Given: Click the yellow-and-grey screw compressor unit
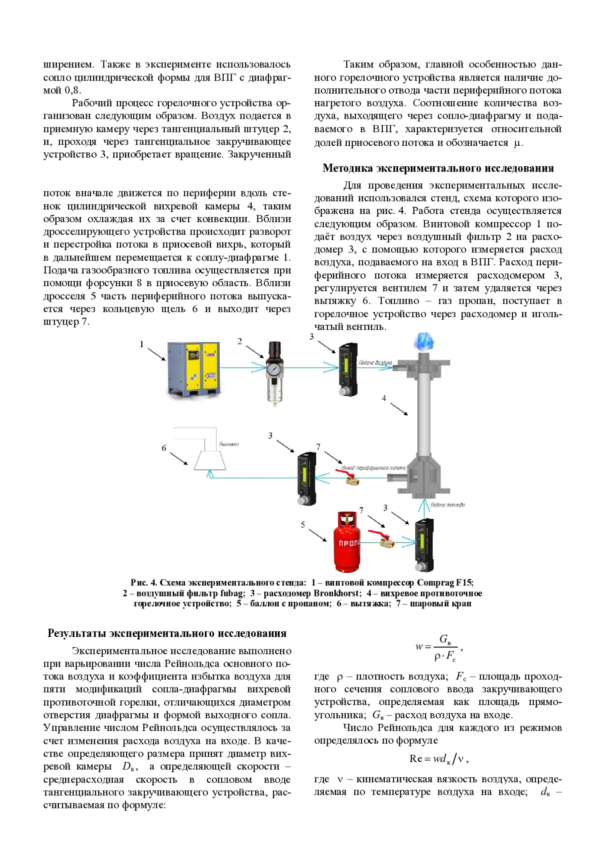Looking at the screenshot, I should pyautogui.click(x=195, y=369).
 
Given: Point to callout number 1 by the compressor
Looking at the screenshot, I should pyautogui.click(x=142, y=344).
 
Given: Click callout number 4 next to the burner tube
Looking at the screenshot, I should pyautogui.click(x=384, y=398).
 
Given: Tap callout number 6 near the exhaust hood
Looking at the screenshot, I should pyautogui.click(x=164, y=448).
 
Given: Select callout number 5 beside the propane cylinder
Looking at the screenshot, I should pyautogui.click(x=303, y=525).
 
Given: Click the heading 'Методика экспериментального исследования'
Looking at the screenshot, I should pyautogui.click(x=438, y=168).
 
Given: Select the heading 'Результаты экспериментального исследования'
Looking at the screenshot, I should pyautogui.click(x=167, y=633).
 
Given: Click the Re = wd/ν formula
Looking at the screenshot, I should pyautogui.click(x=439, y=759).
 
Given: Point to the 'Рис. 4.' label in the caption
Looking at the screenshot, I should pyautogui.click(x=144, y=583).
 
